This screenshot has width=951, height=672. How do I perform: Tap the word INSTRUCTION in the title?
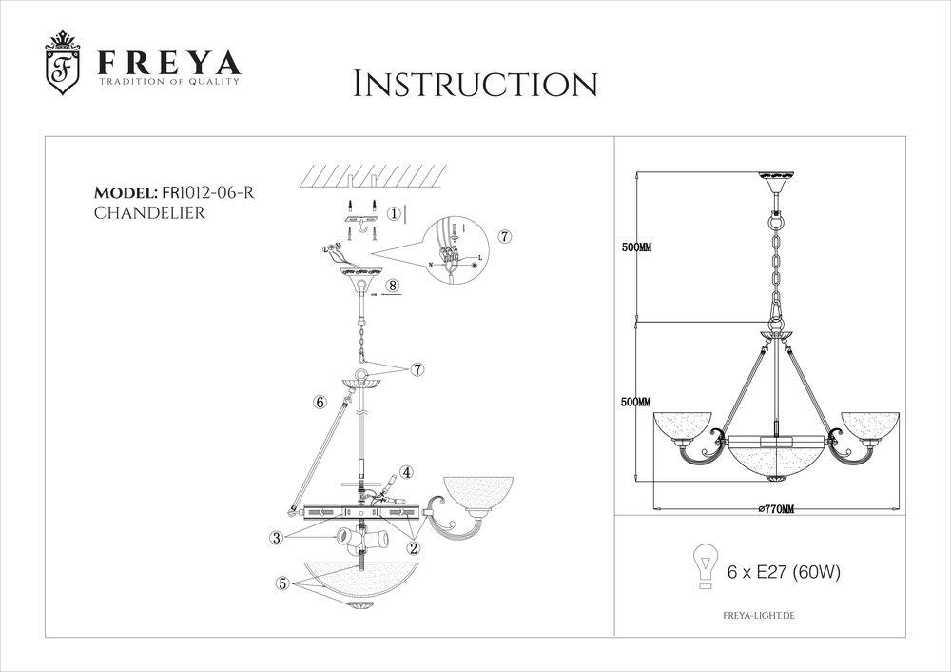pos(475,84)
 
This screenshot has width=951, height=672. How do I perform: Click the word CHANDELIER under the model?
pos(149,213)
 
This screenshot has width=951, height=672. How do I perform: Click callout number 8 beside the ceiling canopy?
pos(392,283)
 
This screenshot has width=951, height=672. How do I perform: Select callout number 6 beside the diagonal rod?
pos(320,403)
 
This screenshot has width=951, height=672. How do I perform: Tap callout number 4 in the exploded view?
pos(406,471)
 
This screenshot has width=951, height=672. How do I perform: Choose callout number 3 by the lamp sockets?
pos(277,539)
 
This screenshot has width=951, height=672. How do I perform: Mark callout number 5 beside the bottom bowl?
pos(282,584)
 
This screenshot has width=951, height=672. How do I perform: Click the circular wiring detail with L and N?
pos(455,249)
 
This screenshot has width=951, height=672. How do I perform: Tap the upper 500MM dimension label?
pos(635,247)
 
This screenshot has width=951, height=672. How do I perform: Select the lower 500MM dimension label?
pos(635,402)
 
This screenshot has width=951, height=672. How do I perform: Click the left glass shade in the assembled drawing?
pos(684,425)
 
